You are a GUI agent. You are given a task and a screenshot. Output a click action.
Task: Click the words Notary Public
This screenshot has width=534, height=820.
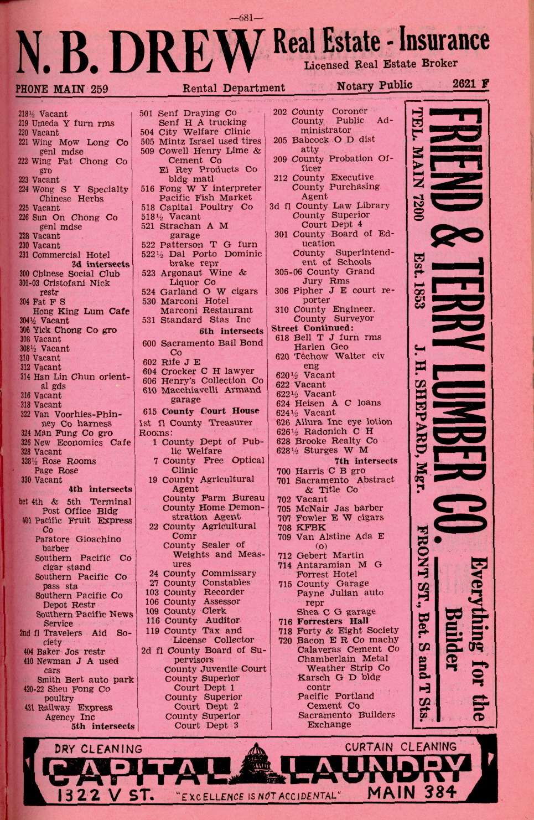pos(374,85)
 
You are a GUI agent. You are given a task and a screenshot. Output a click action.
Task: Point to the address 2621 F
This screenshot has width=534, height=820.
pos(470,84)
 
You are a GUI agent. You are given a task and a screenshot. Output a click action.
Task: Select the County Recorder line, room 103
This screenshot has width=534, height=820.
pos(194,592)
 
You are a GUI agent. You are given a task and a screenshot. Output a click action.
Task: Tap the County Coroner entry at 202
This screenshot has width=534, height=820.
pos(321,111)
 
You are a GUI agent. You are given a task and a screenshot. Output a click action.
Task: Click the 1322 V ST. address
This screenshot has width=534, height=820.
pos(105,795)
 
